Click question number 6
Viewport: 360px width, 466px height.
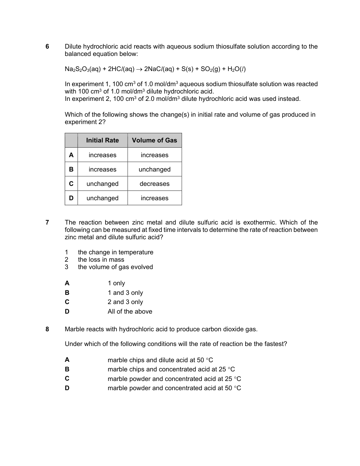(x=47, y=46)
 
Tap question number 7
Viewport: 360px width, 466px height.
(x=47, y=222)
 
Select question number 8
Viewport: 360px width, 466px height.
(x=47, y=329)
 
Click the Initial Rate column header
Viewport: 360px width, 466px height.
(x=102, y=140)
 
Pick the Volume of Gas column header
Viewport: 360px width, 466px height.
(x=154, y=140)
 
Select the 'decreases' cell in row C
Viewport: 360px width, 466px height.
(x=154, y=184)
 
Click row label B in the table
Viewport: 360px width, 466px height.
(x=71, y=169)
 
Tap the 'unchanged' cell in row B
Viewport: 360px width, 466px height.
(x=154, y=169)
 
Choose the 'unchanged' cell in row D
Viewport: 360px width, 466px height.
(x=102, y=198)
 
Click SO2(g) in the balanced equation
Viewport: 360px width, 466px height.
(x=210, y=69)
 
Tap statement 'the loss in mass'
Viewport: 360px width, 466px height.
(x=101, y=260)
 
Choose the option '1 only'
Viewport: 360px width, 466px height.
(x=116, y=283)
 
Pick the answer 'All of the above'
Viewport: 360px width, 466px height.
(x=130, y=311)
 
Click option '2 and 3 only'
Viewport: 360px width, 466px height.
(x=125, y=302)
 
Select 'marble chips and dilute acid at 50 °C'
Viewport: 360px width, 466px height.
(x=160, y=360)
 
